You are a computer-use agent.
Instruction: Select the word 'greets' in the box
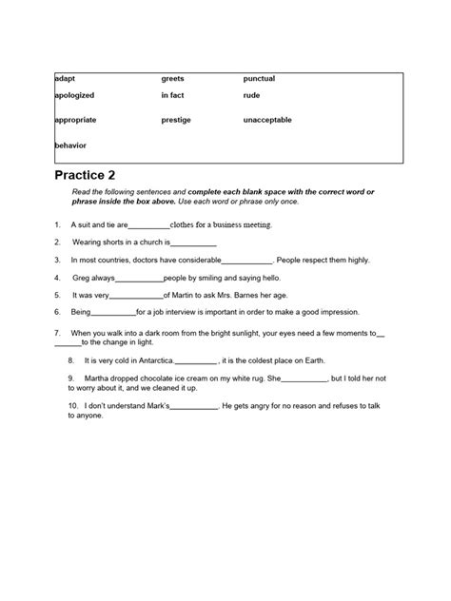(172, 78)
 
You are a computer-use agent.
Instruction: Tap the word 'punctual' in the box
(259, 78)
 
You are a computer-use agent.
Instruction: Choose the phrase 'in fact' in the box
(173, 95)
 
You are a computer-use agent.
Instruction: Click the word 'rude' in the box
(252, 95)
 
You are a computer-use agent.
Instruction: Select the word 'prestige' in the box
(177, 120)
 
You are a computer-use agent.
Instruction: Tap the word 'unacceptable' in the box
(267, 120)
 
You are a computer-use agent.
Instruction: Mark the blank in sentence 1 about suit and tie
(147, 226)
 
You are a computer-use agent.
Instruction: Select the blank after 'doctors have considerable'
(246, 261)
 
